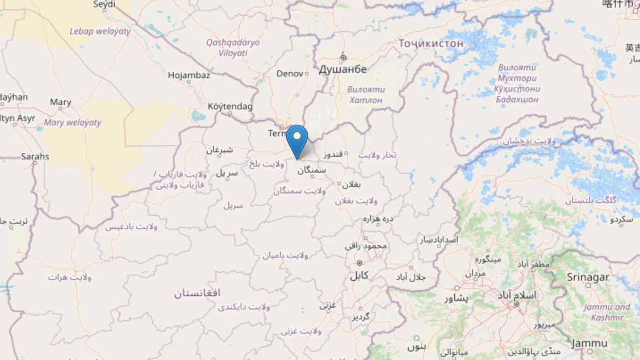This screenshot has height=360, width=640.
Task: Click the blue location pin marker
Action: click(297, 139)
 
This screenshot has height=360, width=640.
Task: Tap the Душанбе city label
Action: click(343, 69)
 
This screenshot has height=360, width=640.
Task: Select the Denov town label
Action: click(290, 74)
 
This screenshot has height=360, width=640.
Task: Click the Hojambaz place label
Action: click(189, 75)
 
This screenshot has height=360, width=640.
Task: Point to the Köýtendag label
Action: click(230, 106)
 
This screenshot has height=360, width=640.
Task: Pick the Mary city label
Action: click(60, 102)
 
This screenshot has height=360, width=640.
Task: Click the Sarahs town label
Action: click(35, 157)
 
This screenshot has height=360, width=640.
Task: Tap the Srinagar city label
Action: click(588, 277)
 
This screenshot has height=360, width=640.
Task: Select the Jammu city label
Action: click(589, 343)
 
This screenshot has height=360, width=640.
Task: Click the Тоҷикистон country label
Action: click(431, 44)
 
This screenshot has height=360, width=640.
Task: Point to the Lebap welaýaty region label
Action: click(100, 31)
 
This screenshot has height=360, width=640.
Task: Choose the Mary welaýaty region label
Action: click(73, 122)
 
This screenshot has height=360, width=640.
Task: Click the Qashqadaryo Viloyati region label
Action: click(233, 48)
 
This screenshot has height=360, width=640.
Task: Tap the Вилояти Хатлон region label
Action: click(366, 95)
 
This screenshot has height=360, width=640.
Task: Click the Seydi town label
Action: click(105, 4)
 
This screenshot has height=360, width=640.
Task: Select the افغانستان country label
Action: click(197, 293)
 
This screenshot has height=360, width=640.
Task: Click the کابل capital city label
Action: click(359, 275)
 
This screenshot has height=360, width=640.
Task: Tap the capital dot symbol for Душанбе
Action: click(343, 58)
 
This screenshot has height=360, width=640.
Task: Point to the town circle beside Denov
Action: click(306, 74)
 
